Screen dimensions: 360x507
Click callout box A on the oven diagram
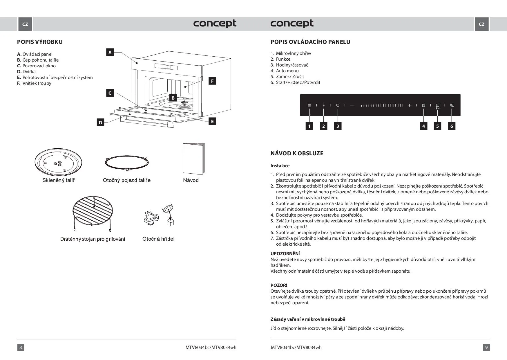click(110, 53)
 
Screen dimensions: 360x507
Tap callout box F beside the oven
click(212, 81)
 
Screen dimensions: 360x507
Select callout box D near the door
click(100, 123)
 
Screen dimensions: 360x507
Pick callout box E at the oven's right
click(212, 121)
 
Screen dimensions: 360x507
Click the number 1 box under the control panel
click(309, 126)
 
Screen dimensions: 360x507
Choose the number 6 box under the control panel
click(451, 126)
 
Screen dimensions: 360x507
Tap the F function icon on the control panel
click(323, 105)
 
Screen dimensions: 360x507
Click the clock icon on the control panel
click(338, 105)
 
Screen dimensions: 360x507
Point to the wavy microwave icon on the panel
click(309, 105)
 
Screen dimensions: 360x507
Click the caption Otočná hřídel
click(158, 239)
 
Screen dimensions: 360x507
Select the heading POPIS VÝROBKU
click(40, 42)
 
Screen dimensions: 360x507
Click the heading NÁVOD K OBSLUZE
click(297, 153)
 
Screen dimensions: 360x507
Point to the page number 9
click(486, 347)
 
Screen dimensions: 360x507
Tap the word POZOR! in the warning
click(279, 285)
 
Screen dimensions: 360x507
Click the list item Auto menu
click(287, 71)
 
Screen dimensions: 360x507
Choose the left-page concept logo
click(215, 24)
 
